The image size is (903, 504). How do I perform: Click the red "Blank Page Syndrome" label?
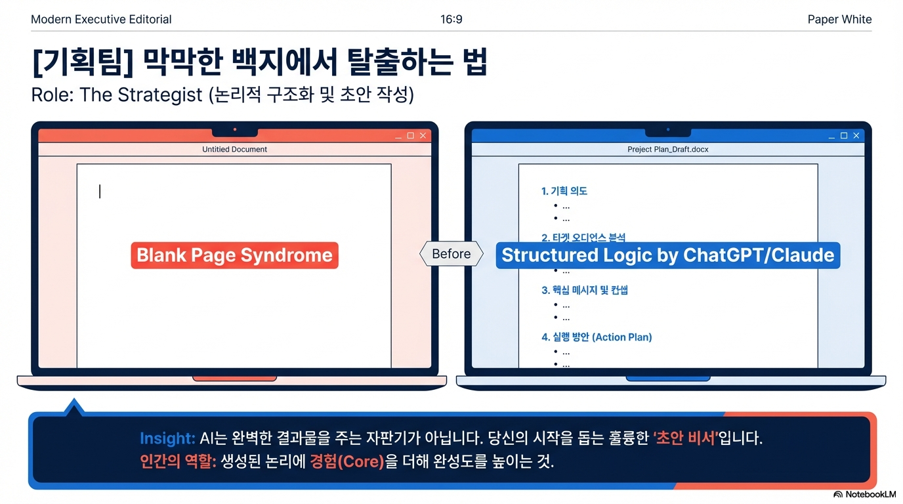coord(234,255)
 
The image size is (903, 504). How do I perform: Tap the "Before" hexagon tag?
coord(451,254)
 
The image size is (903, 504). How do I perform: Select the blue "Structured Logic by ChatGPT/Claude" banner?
coord(667,255)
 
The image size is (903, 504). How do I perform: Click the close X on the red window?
coord(423,136)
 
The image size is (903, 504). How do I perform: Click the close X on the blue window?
coord(856,136)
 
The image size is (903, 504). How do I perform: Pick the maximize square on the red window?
coord(410,136)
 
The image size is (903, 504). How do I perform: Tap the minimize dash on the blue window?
coord(832,136)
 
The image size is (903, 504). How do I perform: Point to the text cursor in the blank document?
coord(100,191)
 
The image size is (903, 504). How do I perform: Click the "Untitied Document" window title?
coord(234,149)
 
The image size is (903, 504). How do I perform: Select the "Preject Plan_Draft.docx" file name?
coord(667,149)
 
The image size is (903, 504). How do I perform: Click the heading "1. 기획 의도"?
coord(564,191)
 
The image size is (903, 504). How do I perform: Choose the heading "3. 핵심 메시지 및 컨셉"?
coord(584,289)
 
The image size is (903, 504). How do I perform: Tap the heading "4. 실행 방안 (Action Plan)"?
coord(596,337)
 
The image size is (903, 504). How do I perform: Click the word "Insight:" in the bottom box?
coord(167,438)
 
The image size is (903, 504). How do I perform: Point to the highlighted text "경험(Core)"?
coord(346,461)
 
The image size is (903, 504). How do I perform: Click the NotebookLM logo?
coord(864,494)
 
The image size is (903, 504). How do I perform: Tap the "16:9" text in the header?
coord(451,19)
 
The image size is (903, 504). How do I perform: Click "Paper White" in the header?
coord(839,19)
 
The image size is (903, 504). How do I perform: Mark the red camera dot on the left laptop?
coord(234,129)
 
